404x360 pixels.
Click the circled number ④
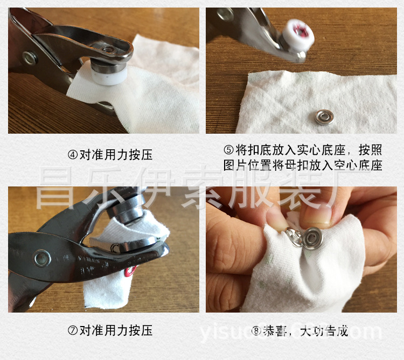tap(73, 155)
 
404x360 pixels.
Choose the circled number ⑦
tap(73, 330)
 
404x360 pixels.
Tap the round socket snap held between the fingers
tap(312, 237)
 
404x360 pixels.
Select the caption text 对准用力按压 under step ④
tap(116, 155)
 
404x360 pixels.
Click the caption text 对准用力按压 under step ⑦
tap(116, 330)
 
